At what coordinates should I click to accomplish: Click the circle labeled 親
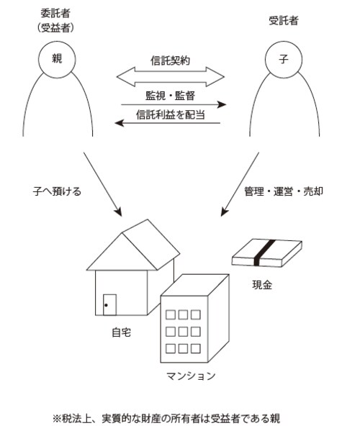coord(58,60)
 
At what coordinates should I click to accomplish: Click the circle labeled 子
coord(283,60)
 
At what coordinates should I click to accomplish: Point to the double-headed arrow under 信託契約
coord(171,75)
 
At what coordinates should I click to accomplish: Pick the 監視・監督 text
coord(171,94)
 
